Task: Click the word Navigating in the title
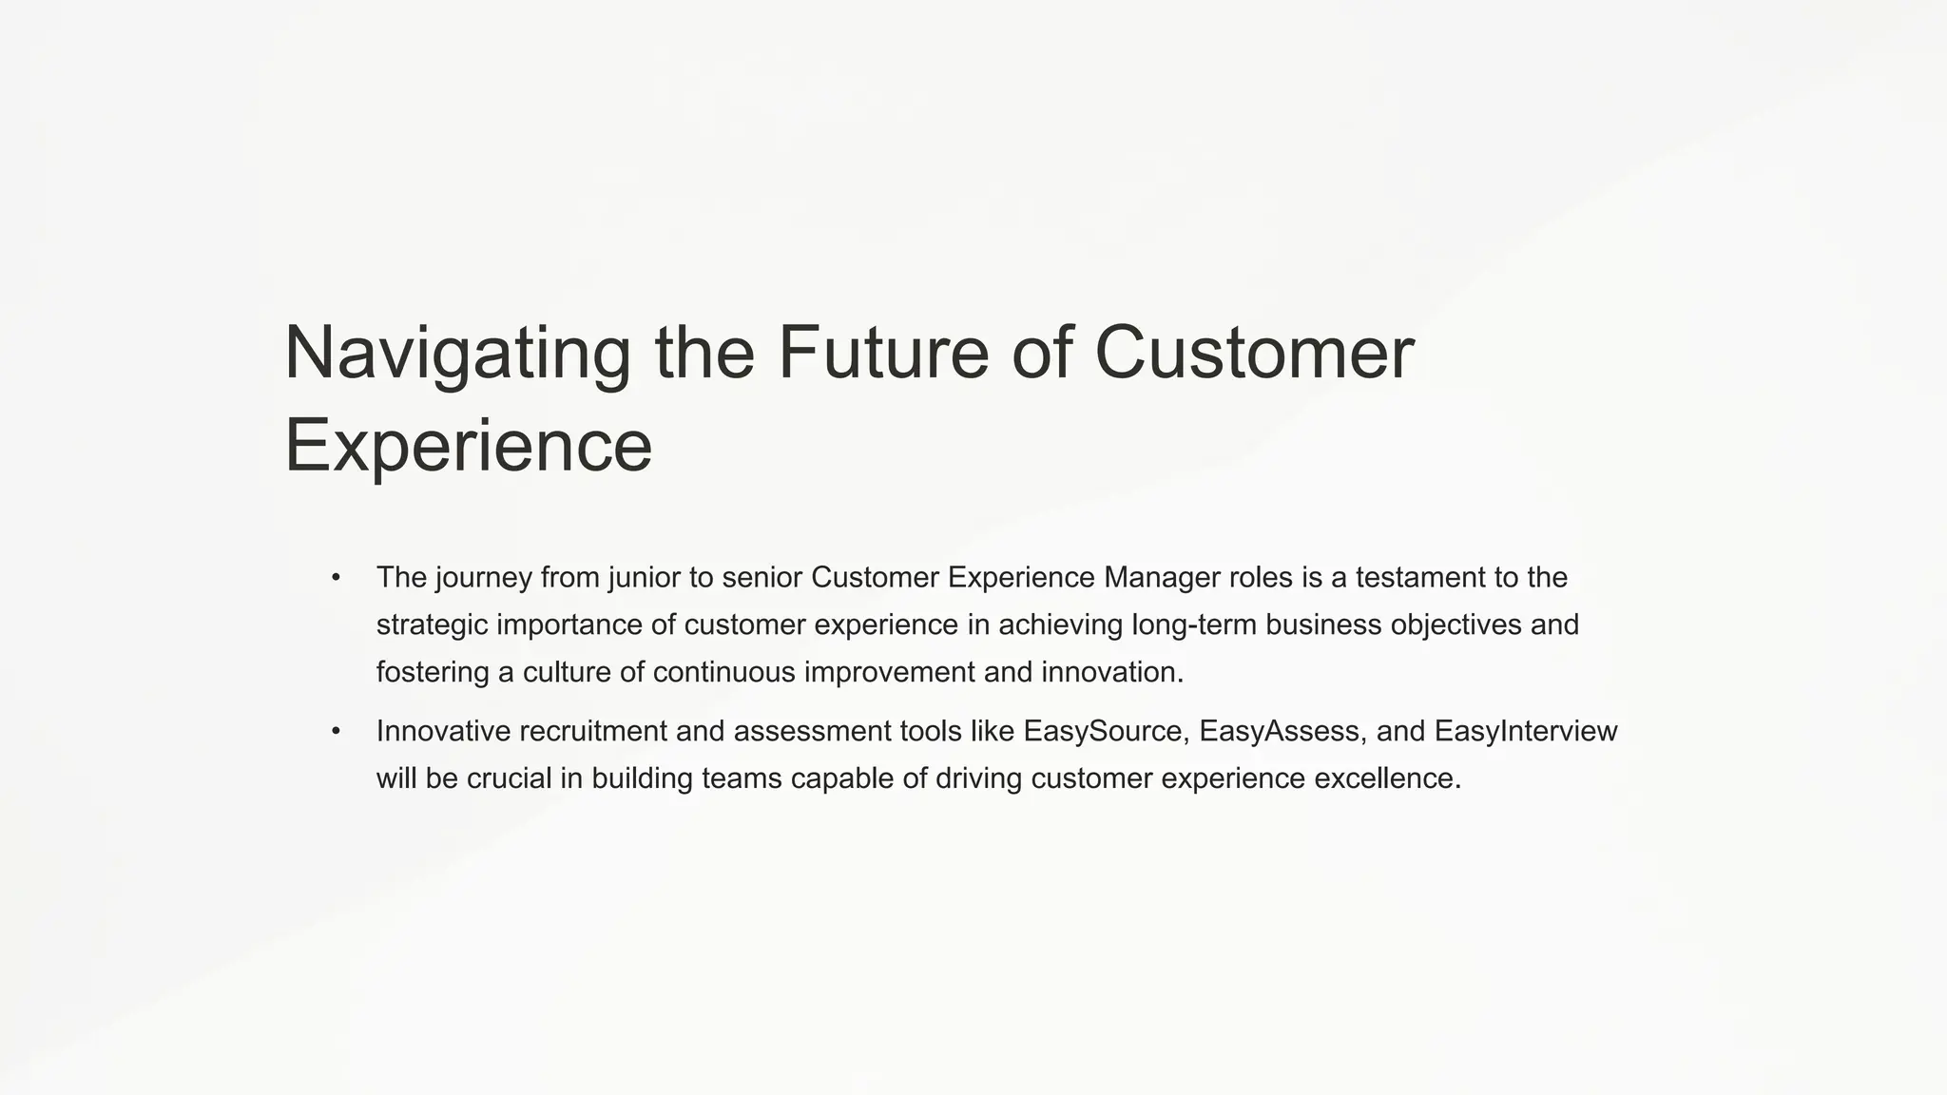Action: pos(456,354)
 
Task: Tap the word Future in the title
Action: pos(883,354)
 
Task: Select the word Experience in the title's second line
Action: pos(468,447)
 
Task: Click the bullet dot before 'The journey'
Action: pos(336,578)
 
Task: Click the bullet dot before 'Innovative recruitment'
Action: pos(336,732)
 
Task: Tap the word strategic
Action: pos(432,625)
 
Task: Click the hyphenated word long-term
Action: pos(1193,625)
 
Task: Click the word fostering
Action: pos(433,673)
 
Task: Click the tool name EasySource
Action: pos(1102,732)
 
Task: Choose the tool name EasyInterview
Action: pos(1525,732)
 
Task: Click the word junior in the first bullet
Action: pos(649,578)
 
